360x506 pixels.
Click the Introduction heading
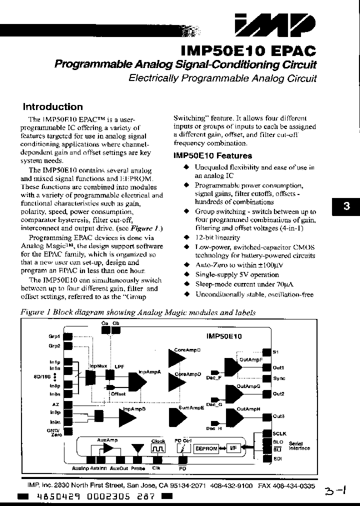[x=53, y=106]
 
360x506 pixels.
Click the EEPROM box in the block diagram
[x=206, y=448]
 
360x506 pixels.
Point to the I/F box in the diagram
[x=232, y=448]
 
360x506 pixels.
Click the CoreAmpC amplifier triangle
[x=176, y=359]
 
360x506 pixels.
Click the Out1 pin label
[x=278, y=367]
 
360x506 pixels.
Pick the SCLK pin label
[x=279, y=433]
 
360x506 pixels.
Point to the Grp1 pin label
[x=54, y=336]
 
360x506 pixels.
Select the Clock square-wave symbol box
[x=158, y=449]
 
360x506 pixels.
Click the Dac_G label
[x=213, y=404]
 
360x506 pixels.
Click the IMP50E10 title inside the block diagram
[x=223, y=336]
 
